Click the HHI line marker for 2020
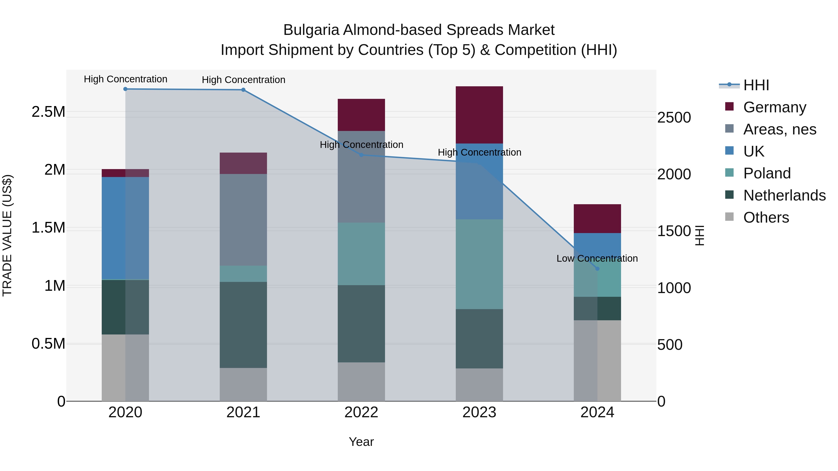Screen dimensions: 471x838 [x=125, y=89]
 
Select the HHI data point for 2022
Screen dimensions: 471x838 [x=361, y=155]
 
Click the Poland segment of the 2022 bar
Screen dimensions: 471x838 [x=361, y=254]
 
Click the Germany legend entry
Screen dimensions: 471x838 [x=774, y=107]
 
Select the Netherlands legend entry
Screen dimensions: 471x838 [x=784, y=195]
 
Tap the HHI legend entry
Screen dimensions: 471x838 [x=756, y=85]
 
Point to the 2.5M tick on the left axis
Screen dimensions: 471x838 [x=48, y=112]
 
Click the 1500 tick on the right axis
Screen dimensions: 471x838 [x=674, y=231]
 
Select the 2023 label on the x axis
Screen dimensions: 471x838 [x=479, y=412]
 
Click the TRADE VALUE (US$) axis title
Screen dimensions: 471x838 [x=7, y=235]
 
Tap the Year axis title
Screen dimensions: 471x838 [x=361, y=442]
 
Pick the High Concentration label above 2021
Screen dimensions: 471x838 [x=243, y=80]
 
